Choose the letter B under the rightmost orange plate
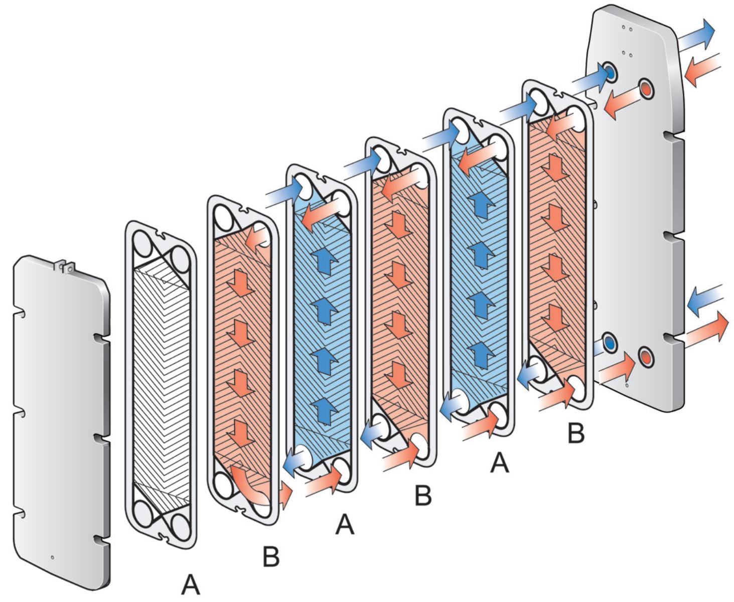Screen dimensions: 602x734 [x=575, y=432]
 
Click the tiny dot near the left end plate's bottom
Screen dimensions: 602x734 [x=52, y=556]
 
